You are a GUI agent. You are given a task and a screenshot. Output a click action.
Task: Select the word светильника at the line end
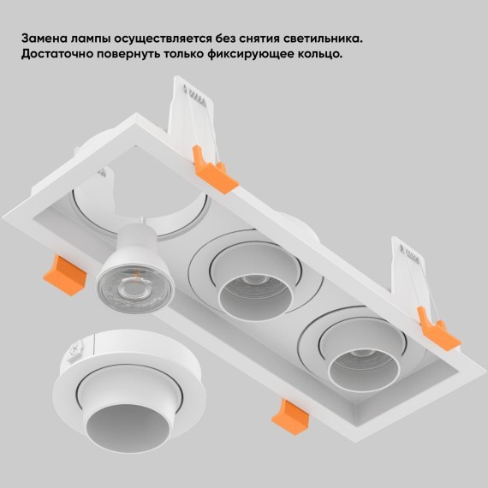point(323,39)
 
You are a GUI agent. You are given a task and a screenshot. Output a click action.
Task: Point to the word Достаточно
point(57,54)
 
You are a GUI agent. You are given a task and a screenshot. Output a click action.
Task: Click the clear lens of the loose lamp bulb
point(134,291)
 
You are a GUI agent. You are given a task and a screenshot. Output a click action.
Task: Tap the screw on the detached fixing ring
point(74,351)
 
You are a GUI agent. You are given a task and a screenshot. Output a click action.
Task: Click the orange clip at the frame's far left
point(65,276)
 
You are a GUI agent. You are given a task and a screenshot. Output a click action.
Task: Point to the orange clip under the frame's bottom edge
point(290,417)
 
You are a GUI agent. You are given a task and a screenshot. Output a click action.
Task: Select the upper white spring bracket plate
point(192,120)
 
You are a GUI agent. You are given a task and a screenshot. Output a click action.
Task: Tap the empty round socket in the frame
point(140,211)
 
